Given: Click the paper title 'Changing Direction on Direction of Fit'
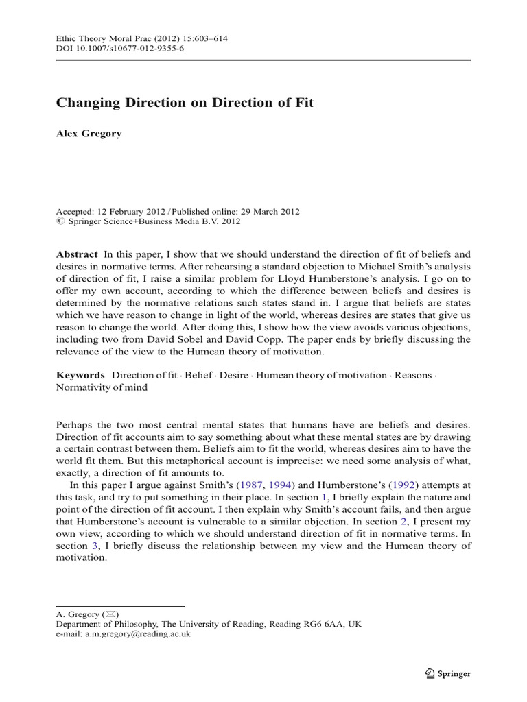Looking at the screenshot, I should point(185,103).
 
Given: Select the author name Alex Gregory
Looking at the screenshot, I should point(88,134).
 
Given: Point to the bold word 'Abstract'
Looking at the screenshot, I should point(76,254).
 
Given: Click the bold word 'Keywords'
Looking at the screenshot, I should point(80,376).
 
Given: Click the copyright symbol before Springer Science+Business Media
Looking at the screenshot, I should point(59,221).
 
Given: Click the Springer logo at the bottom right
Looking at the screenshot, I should point(447,673).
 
